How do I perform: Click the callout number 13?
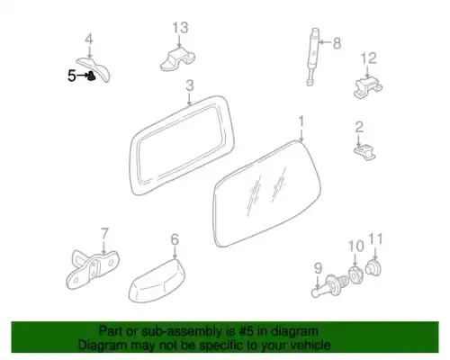(x=180, y=28)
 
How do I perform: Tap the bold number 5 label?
(x=72, y=76)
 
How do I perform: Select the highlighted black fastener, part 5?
(x=92, y=76)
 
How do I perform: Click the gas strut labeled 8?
(x=313, y=57)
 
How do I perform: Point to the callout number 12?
(x=368, y=58)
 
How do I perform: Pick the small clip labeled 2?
(x=364, y=152)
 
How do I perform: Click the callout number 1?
(x=301, y=121)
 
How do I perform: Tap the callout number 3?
(x=190, y=85)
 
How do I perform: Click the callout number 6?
(x=175, y=239)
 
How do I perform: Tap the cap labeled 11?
(x=373, y=268)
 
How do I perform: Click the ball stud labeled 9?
(x=330, y=285)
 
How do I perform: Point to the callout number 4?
(x=89, y=40)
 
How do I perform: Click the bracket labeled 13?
(x=178, y=59)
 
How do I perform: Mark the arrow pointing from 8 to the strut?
(x=324, y=42)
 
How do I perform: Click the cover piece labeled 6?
(x=157, y=281)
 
